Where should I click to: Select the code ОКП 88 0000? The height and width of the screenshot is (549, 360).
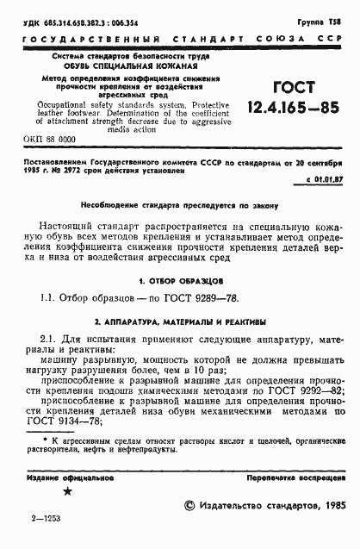point(51,138)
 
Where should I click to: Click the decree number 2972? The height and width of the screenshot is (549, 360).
point(76,170)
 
